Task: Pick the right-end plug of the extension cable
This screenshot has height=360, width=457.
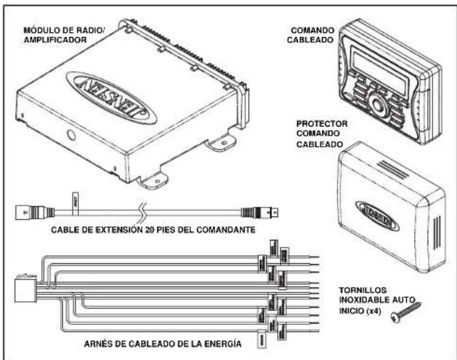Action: pos(265,210)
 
